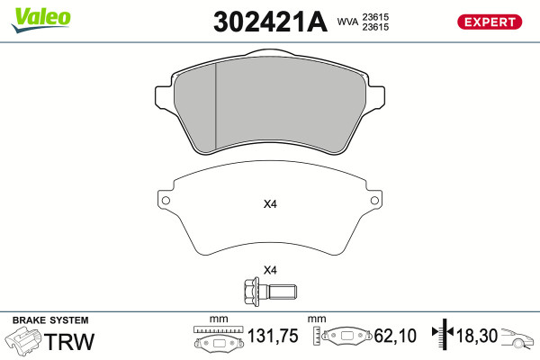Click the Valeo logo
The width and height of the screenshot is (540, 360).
click(41, 20)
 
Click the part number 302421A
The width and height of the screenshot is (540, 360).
click(270, 22)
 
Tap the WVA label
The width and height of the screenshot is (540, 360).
click(347, 22)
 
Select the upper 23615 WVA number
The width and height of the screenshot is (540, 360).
click(375, 17)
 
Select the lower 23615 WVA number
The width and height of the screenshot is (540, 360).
click(375, 27)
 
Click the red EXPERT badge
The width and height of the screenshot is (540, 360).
click(490, 22)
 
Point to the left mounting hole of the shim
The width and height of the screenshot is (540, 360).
click(166, 201)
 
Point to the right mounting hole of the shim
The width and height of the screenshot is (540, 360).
click(374, 201)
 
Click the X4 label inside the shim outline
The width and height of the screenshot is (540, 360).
click(270, 204)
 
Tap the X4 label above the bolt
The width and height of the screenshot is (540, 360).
click(270, 270)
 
